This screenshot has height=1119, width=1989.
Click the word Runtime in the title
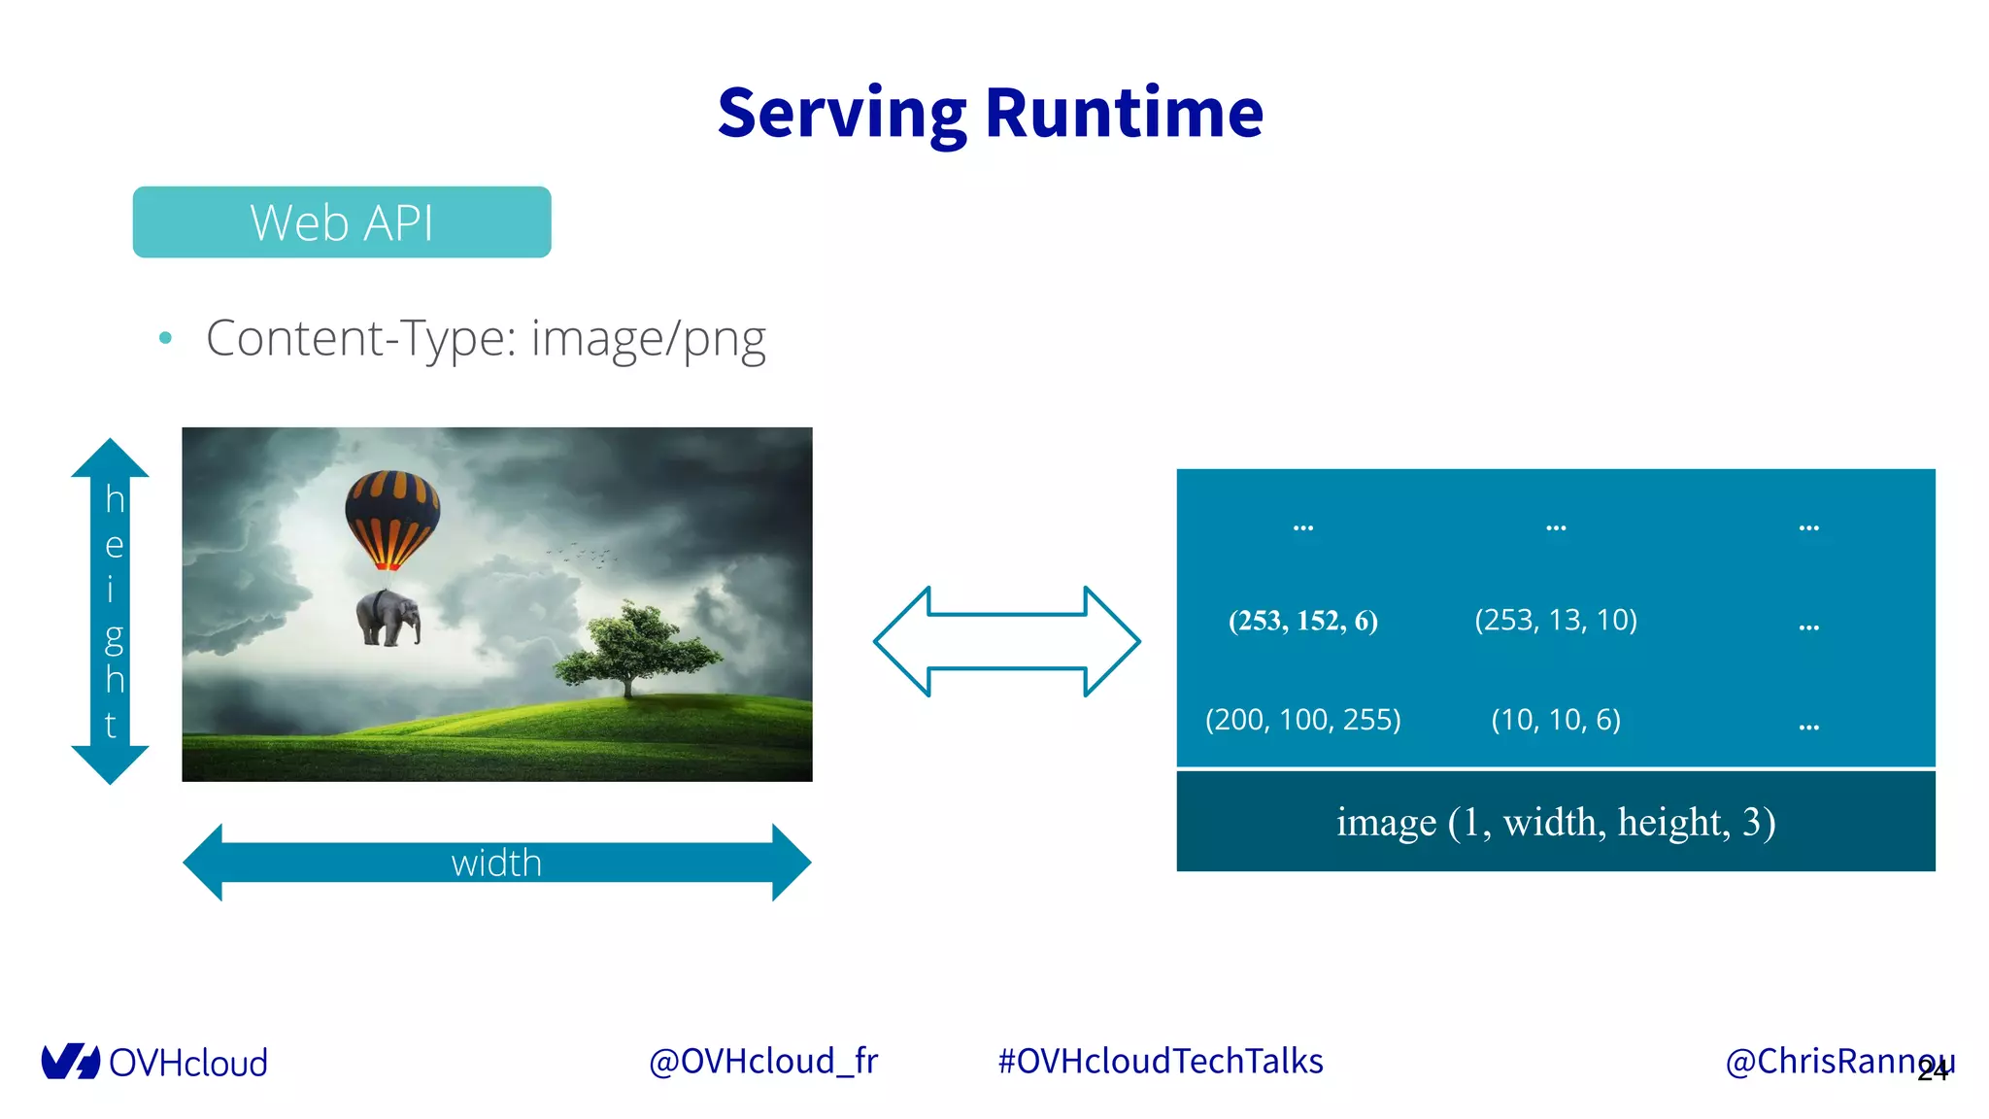pos(1124,113)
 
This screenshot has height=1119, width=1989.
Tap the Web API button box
pos(342,222)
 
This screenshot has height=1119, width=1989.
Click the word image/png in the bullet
pos(648,339)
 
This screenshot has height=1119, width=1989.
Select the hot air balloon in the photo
pos(391,517)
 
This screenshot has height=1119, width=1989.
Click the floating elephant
pos(388,618)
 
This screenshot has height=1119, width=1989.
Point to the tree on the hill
pos(636,646)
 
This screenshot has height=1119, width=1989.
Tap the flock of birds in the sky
pos(583,555)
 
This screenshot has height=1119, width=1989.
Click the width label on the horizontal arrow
pos(496,863)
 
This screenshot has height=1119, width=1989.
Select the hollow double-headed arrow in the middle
pos(1007,641)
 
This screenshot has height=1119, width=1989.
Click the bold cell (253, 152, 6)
pos(1302,621)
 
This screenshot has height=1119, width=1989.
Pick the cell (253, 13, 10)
pos(1555,620)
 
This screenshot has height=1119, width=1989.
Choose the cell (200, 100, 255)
pos(1302,720)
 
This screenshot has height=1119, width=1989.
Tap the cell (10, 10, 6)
pos(1555,720)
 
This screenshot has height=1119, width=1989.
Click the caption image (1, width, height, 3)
pos(1555,822)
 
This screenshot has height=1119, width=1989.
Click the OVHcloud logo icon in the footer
pos(70,1062)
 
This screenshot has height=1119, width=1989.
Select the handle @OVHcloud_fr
pos(762,1061)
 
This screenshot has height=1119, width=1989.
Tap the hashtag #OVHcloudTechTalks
pos(1161,1061)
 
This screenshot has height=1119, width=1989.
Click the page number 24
pos(1933,1070)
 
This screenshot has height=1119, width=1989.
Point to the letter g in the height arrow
pos(114,637)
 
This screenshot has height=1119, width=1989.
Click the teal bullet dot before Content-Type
pos(165,338)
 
